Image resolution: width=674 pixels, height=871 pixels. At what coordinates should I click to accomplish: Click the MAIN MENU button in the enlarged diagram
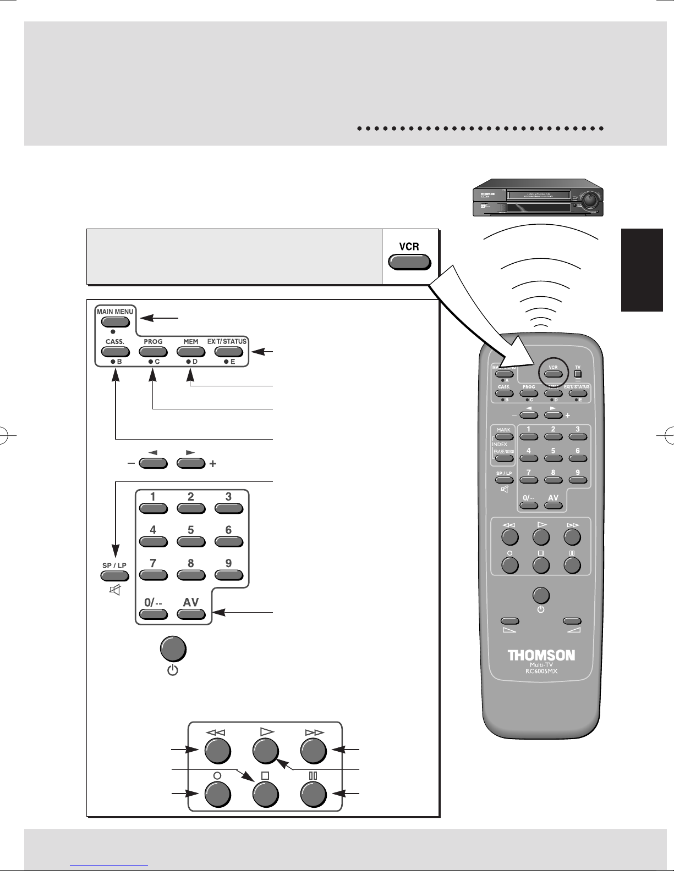tap(115, 322)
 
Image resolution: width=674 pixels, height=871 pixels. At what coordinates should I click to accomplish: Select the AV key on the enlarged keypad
tap(191, 614)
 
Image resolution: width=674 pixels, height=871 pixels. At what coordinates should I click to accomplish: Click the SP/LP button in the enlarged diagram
tap(114, 576)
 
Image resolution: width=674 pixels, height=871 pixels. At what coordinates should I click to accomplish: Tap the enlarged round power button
tap(173, 650)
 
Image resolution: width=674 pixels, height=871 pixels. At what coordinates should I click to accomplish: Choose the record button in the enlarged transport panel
tap(217, 794)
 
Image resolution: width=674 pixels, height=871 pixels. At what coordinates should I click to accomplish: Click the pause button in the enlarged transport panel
tap(314, 794)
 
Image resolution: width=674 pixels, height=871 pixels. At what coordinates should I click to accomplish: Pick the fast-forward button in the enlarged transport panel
tap(314, 750)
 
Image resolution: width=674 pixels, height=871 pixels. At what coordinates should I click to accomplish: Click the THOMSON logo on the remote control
tap(541, 656)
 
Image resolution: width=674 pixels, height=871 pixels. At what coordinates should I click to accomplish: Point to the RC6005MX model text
tap(541, 670)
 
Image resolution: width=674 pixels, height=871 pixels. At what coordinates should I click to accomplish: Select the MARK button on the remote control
tap(503, 437)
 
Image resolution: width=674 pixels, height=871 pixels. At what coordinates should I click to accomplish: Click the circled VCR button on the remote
tap(553, 374)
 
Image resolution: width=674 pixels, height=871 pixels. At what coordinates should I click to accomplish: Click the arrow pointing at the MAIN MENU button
tap(160, 317)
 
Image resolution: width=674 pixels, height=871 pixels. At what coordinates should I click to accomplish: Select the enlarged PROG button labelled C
tap(153, 352)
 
